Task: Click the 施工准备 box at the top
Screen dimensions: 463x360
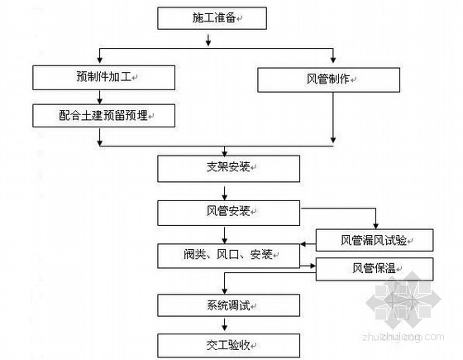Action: pyautogui.click(x=212, y=18)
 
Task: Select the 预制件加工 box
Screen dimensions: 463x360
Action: pyautogui.click(x=103, y=78)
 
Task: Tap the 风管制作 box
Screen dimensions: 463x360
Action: pyautogui.click(x=329, y=79)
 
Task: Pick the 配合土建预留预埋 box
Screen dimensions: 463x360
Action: pyautogui.click(x=103, y=116)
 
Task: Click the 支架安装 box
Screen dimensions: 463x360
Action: pyautogui.click(x=228, y=169)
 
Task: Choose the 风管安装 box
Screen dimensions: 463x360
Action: pyautogui.click(x=228, y=213)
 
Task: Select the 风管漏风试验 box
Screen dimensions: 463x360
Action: pyautogui.click(x=375, y=240)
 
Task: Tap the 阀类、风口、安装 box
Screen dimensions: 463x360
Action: pyautogui.click(x=228, y=256)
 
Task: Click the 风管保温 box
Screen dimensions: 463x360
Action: pyautogui.click(x=375, y=269)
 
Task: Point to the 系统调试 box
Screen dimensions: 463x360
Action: pyautogui.click(x=228, y=305)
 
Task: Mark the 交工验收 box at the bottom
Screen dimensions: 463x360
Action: pyautogui.click(x=228, y=346)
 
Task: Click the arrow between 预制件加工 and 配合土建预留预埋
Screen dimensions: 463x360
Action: pyautogui.click(x=100, y=98)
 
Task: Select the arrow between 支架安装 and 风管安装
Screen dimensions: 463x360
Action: pyautogui.click(x=225, y=194)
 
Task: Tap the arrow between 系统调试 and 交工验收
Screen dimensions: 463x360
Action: pyautogui.click(x=225, y=324)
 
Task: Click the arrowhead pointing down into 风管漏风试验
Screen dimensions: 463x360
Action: pyautogui.click(x=375, y=226)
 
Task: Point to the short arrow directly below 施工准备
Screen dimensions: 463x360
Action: pyautogui.click(x=208, y=41)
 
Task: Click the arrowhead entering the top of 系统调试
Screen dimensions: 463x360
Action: pyautogui.click(x=225, y=290)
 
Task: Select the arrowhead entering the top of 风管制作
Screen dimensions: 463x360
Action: pyautogui.click(x=333, y=60)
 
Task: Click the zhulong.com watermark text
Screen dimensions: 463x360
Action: pyautogui.click(x=403, y=337)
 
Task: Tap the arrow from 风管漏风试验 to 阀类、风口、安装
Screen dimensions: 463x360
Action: pyautogui.click(x=308, y=244)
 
